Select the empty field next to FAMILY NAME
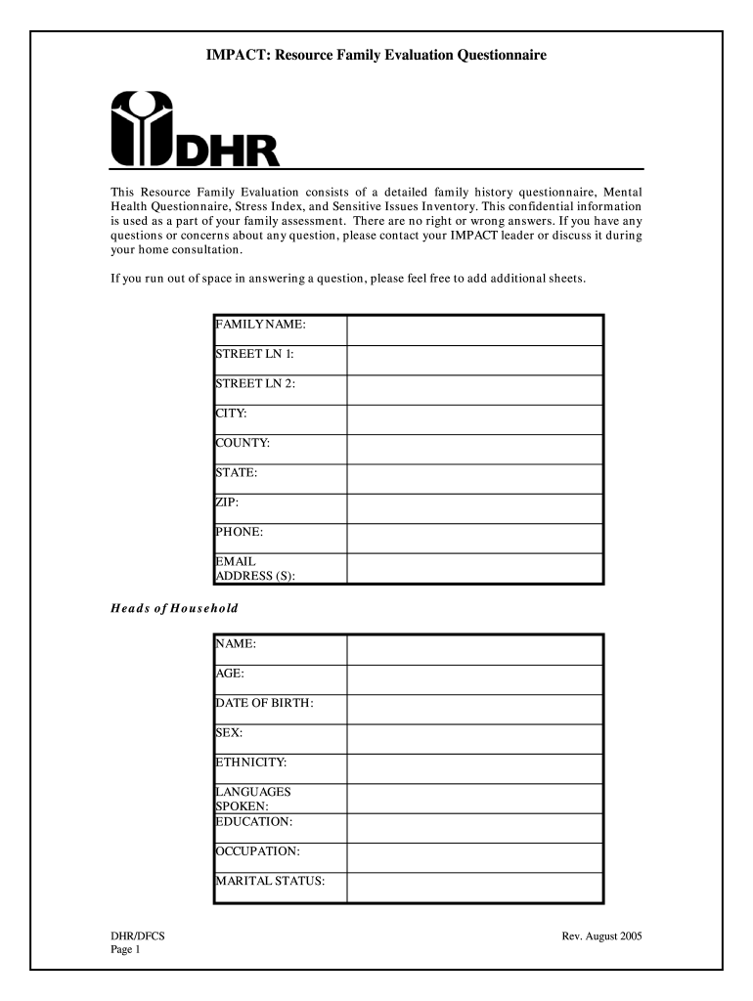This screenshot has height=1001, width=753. click(x=474, y=330)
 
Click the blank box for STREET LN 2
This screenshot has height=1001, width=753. click(x=474, y=390)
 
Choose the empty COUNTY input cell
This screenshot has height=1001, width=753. click(x=474, y=450)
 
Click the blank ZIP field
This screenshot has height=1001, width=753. click(x=474, y=508)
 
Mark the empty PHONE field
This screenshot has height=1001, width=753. click(x=474, y=538)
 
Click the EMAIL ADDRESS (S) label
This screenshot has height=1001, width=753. click(x=255, y=568)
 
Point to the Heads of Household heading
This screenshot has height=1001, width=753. click(x=173, y=608)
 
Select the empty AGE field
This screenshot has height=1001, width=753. click(x=474, y=679)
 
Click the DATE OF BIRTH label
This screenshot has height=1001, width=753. click(x=264, y=703)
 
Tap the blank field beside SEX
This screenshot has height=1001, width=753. click(x=474, y=739)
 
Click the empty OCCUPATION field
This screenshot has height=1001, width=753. click(x=474, y=857)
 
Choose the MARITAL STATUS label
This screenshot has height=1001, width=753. click(x=269, y=882)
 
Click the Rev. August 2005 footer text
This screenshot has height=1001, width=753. click(x=601, y=936)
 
